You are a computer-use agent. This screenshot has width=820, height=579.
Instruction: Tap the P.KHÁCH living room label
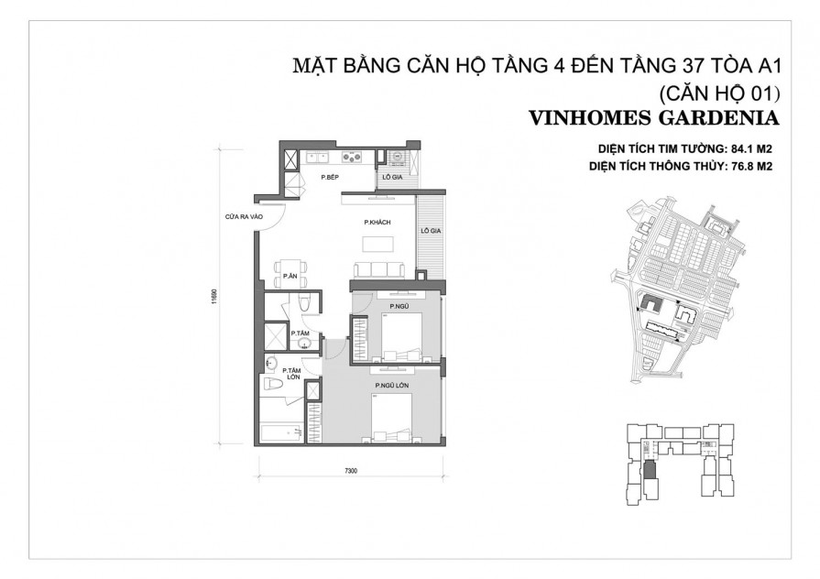[x=377, y=223]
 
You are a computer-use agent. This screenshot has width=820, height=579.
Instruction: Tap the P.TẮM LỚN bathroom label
[x=293, y=375]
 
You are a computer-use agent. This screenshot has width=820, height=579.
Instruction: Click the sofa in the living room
[x=377, y=268]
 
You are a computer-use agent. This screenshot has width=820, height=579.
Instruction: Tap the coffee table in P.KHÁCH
[x=377, y=245]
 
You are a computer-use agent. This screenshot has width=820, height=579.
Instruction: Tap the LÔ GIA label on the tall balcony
[x=431, y=233]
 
